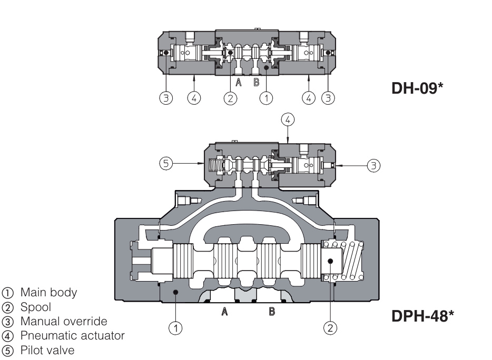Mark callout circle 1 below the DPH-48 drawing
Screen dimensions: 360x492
tap(178, 328)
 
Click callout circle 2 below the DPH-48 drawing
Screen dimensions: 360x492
tap(330, 328)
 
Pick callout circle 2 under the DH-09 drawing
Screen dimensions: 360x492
tap(230, 98)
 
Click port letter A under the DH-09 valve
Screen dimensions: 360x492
tap(238, 82)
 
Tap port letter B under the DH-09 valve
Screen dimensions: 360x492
tap(256, 82)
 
